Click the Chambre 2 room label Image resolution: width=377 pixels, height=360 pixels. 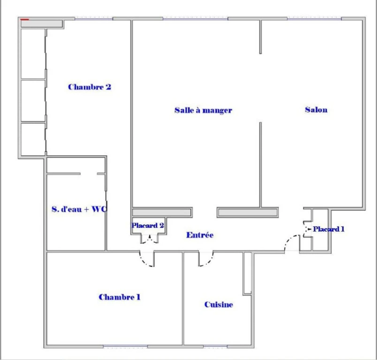tap(90, 87)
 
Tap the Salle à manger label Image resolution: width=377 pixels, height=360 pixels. tap(203, 110)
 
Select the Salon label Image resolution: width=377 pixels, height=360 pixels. tap(316, 110)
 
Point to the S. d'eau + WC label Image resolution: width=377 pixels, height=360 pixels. tap(79, 209)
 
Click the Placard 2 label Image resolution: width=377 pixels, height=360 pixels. tap(148, 225)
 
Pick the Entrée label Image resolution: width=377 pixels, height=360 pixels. tap(200, 235)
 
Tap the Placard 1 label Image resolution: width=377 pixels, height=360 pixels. tap(328, 229)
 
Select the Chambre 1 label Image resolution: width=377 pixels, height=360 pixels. tap(120, 297)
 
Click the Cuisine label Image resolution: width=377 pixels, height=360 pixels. tap(219, 305)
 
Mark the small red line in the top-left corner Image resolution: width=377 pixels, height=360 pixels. tap(24, 20)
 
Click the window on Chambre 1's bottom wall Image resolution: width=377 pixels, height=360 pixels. tap(125, 346)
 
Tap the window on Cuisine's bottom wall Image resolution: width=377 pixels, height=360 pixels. tap(215, 346)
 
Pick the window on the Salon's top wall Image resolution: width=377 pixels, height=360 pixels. tap(314, 18)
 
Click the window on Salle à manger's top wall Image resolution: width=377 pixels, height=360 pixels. tap(195, 18)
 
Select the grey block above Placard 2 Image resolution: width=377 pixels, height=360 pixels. tap(162, 212)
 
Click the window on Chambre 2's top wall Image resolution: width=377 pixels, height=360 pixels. tap(94, 18)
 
